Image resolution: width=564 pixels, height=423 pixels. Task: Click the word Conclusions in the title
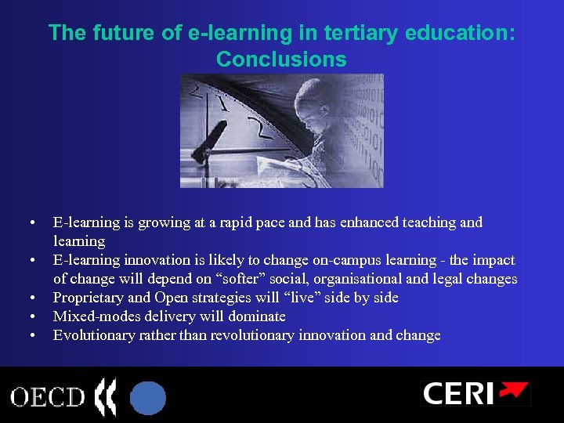(x=281, y=59)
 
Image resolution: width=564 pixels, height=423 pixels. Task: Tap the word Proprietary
(x=87, y=298)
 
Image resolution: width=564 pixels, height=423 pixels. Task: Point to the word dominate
(x=255, y=316)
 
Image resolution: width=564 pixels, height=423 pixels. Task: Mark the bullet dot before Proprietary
(x=31, y=298)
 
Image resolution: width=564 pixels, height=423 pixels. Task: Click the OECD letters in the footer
(x=48, y=396)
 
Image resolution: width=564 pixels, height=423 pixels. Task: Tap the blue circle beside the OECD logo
(x=147, y=396)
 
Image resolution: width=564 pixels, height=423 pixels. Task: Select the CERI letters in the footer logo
(x=458, y=393)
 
